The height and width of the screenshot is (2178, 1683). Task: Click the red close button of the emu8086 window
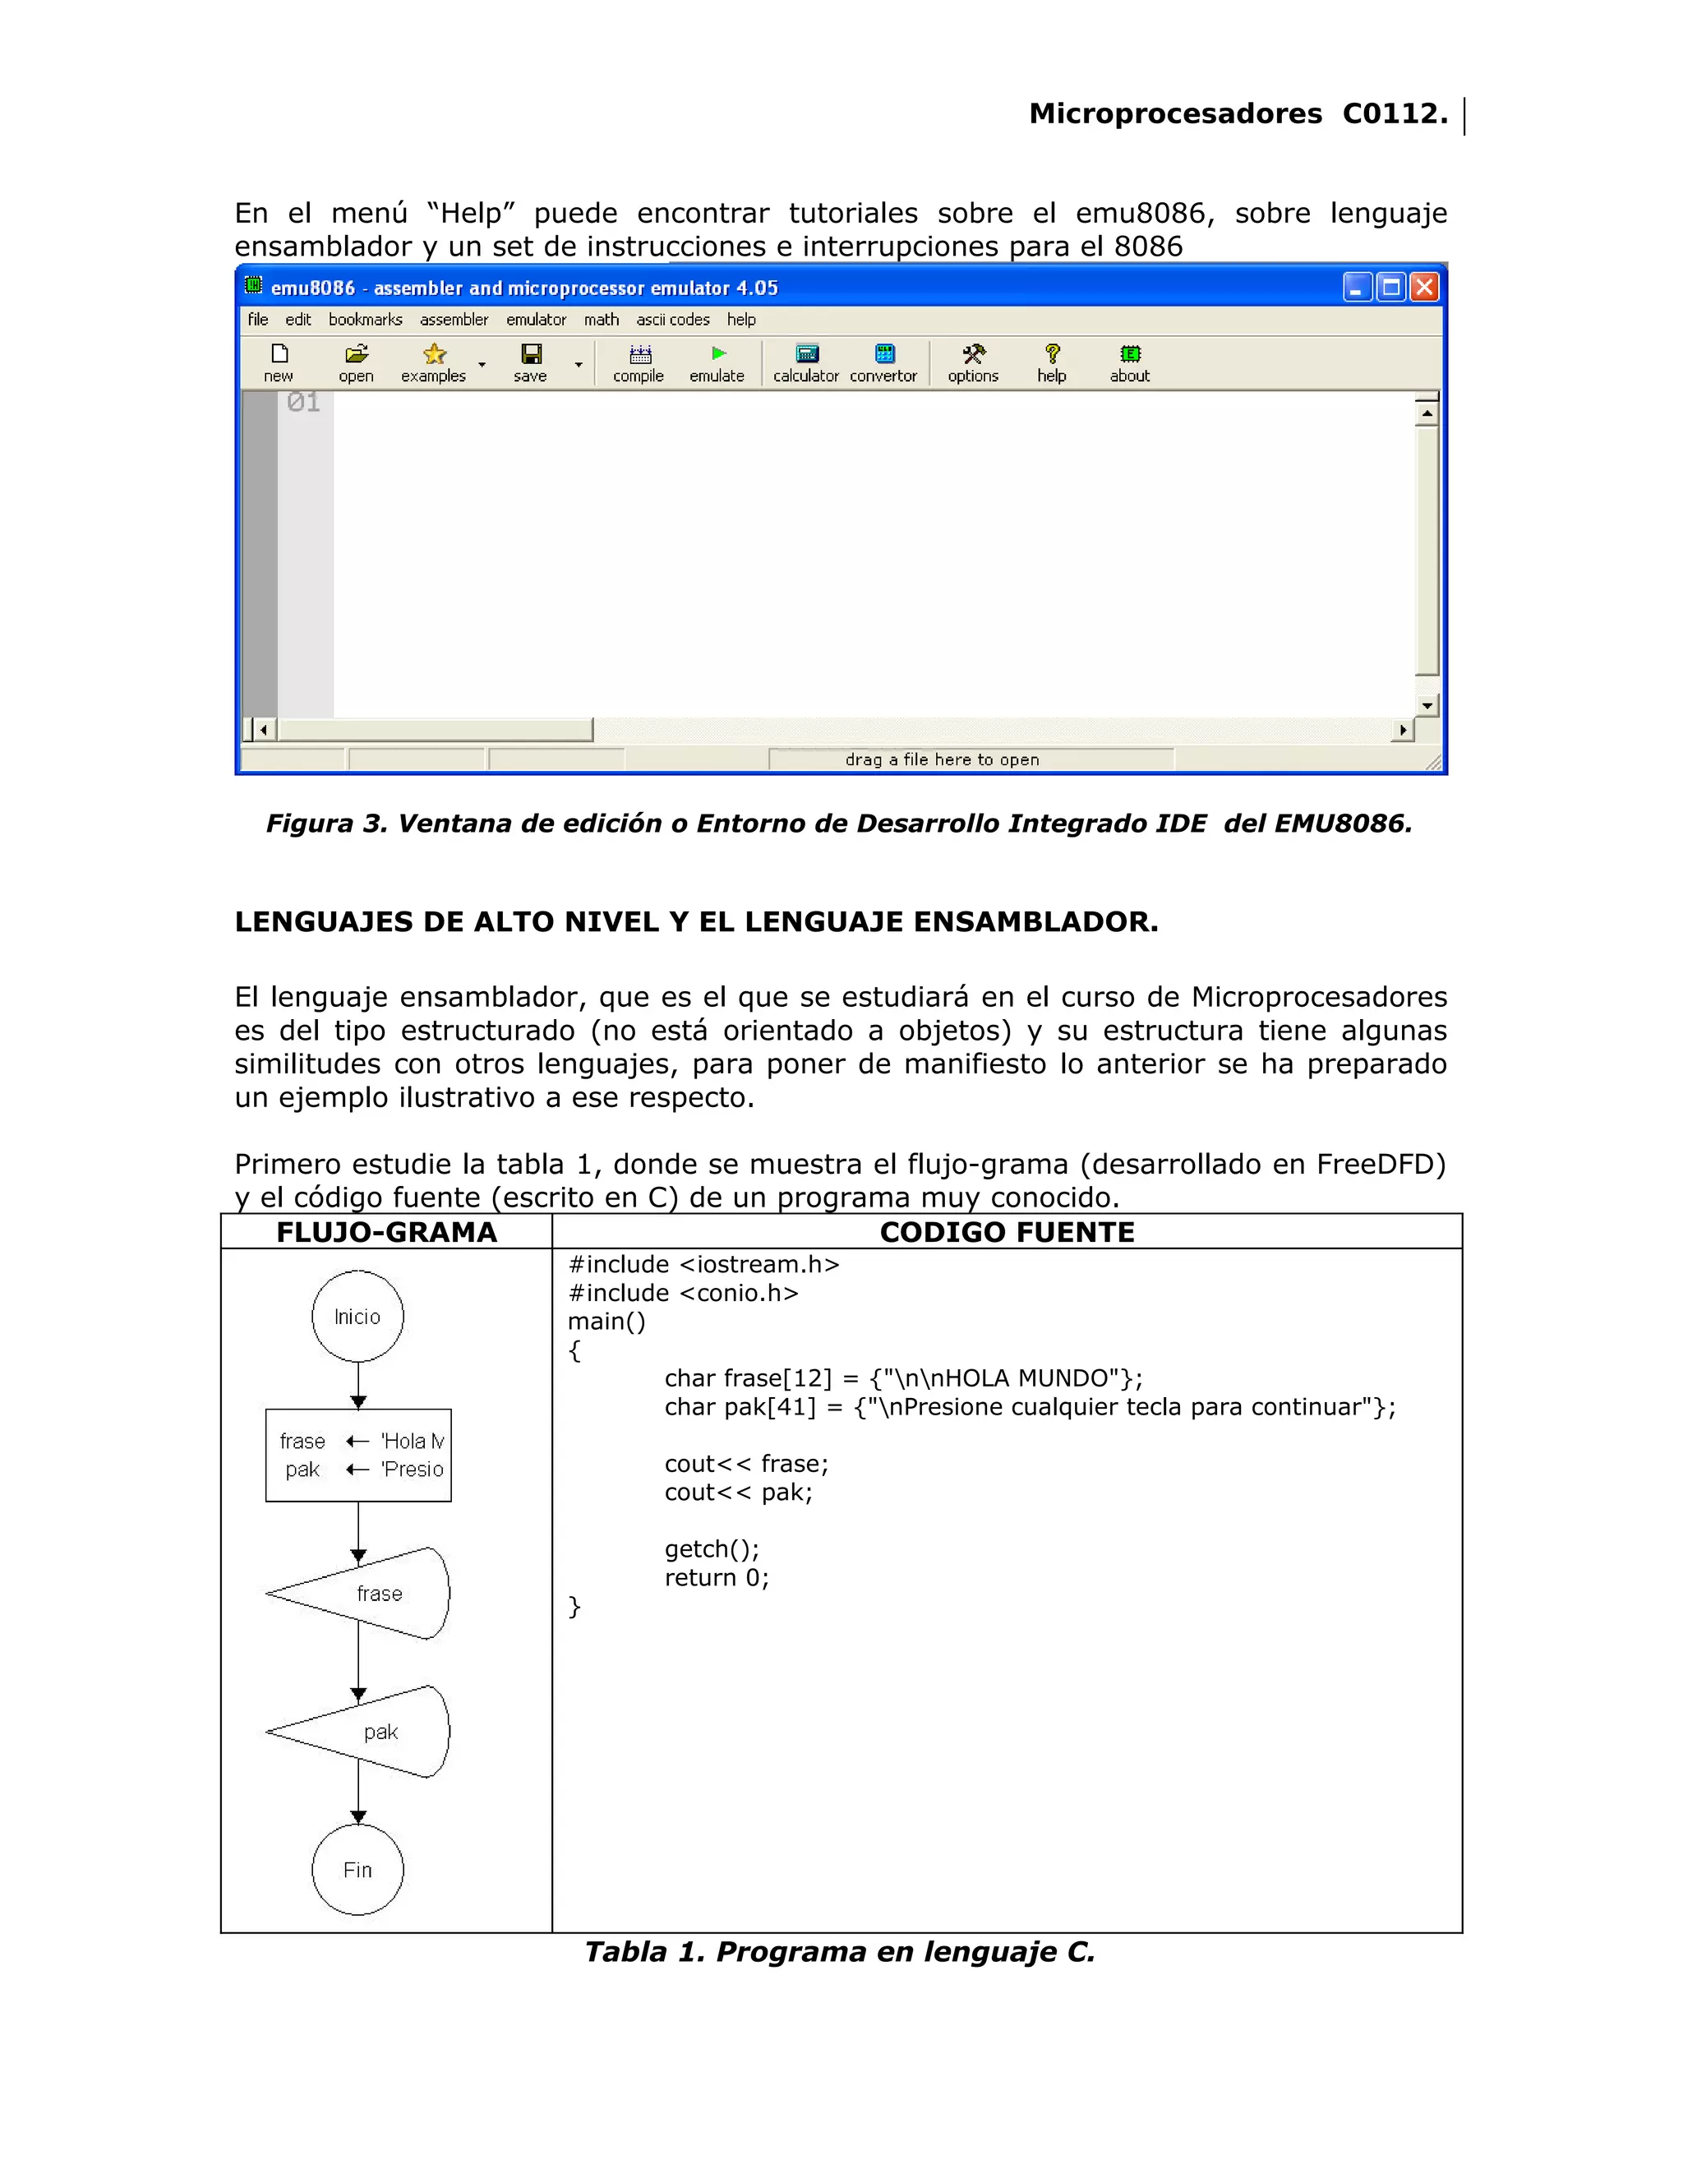(1425, 288)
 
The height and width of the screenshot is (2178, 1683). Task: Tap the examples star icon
(434, 355)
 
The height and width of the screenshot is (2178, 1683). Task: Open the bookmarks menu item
(365, 319)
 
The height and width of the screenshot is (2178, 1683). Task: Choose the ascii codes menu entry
(673, 319)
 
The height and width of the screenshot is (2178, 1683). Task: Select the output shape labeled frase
(369, 1594)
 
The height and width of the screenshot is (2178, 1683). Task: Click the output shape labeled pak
(369, 1731)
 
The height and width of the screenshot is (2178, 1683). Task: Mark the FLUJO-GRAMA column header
(387, 1233)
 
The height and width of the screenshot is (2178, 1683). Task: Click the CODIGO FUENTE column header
(1007, 1233)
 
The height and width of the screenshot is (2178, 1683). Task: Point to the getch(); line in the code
(712, 1548)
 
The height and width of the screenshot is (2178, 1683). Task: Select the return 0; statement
(717, 1578)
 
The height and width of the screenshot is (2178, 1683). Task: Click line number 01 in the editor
(303, 402)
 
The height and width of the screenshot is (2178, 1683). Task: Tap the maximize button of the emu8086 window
(1391, 288)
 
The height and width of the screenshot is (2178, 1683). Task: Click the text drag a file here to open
(943, 760)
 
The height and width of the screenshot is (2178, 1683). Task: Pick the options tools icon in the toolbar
(973, 363)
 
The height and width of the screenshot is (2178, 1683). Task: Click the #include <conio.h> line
(683, 1294)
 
